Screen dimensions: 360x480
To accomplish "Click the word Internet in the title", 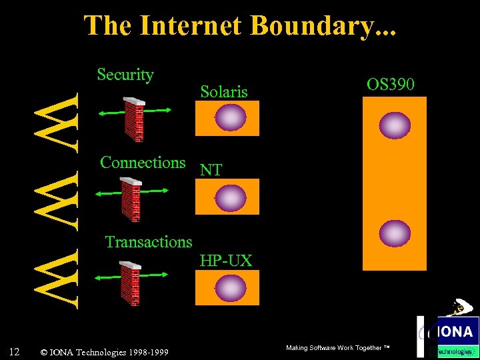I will click(192, 25).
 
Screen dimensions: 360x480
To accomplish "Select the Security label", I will click(125, 75).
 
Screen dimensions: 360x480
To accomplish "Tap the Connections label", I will click(143, 162).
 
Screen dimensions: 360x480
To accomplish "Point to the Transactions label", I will click(149, 242).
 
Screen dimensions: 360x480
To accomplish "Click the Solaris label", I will click(224, 92).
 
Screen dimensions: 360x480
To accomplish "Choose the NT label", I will click(211, 171).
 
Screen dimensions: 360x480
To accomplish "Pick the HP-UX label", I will click(226, 261).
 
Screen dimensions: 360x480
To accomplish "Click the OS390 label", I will click(391, 85).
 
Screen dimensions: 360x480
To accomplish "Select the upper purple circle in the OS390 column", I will click(394, 125).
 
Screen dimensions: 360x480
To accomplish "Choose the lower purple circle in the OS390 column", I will click(394, 233).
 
